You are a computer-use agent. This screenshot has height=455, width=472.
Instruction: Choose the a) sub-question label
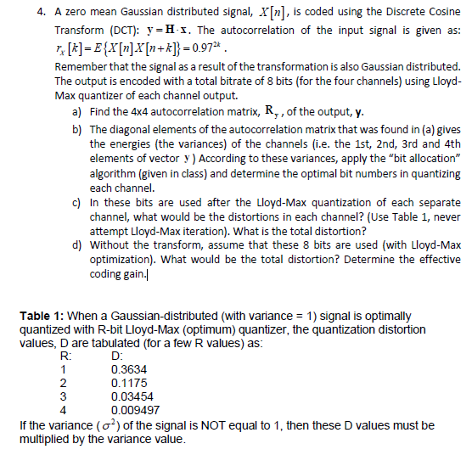(77, 113)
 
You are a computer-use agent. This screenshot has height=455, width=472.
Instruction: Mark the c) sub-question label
(77, 205)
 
